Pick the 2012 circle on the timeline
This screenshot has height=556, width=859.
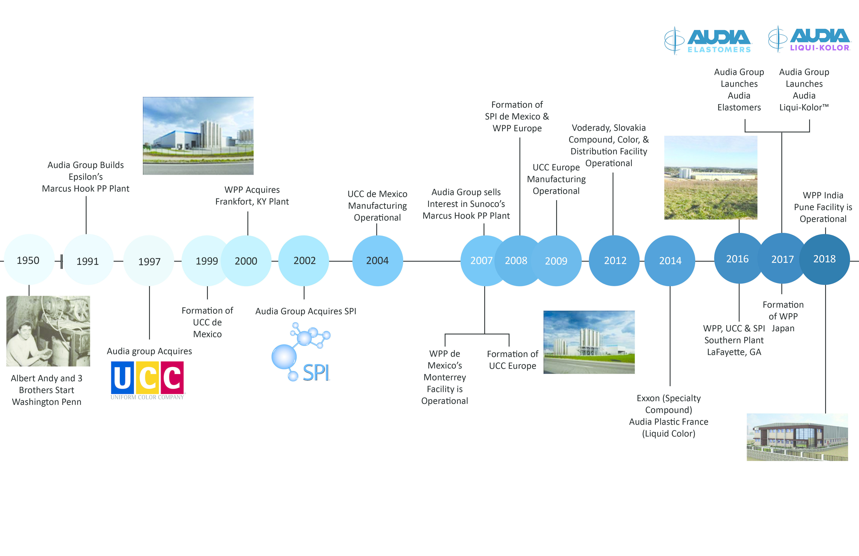(614, 260)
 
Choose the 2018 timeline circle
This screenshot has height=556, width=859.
(825, 259)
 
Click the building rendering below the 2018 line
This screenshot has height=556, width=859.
(797, 437)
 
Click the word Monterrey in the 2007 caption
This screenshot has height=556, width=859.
(445, 377)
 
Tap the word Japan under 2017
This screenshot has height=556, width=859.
(783, 328)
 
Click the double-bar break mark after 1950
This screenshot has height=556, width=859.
(62, 261)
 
